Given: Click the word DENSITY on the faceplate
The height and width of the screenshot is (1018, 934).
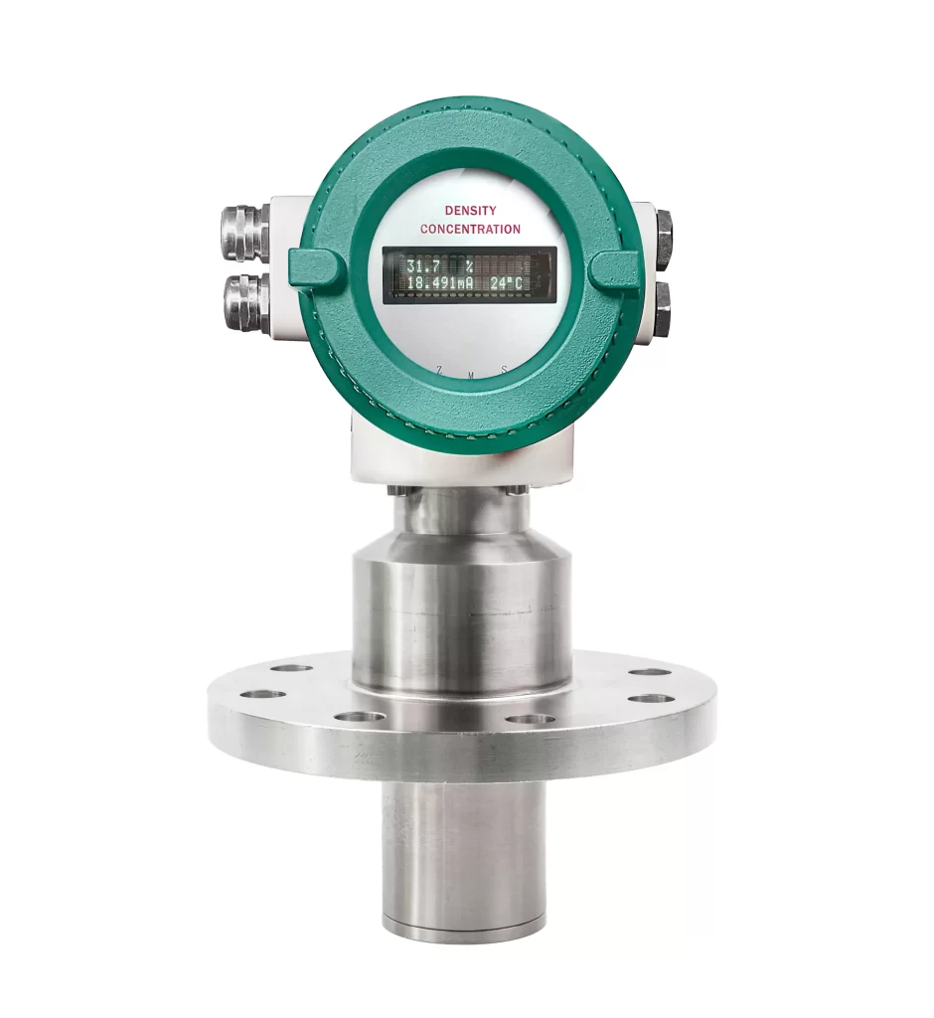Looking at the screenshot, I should [470, 211].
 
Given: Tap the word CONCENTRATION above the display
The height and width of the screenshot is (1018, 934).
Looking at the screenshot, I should [470, 229].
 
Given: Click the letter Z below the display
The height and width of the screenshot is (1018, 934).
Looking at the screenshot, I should [438, 370].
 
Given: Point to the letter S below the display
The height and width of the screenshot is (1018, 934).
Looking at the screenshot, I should [503, 370].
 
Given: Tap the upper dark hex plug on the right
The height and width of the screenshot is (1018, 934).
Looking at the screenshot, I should [662, 237].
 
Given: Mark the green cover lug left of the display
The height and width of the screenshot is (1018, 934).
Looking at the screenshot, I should [317, 267].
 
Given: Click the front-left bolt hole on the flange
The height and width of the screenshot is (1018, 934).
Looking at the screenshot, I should [359, 717].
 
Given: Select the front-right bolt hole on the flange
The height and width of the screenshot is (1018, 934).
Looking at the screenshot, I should [531, 718].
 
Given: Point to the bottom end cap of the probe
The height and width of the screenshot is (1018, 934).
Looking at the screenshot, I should [463, 932].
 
